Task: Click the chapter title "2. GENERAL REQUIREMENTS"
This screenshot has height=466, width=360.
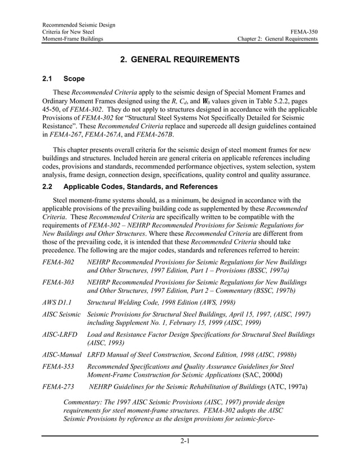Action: pos(179,59)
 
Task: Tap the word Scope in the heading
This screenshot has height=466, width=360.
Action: pos(74,78)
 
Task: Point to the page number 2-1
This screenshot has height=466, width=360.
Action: pos(180,441)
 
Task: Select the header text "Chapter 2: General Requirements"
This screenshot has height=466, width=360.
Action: pos(277,39)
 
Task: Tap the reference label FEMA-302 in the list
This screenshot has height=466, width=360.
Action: pos(58,263)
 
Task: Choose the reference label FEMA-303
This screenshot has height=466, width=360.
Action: pos(58,282)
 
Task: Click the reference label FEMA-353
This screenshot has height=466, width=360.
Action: pos(58,367)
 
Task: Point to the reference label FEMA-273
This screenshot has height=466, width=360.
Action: pos(58,386)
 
